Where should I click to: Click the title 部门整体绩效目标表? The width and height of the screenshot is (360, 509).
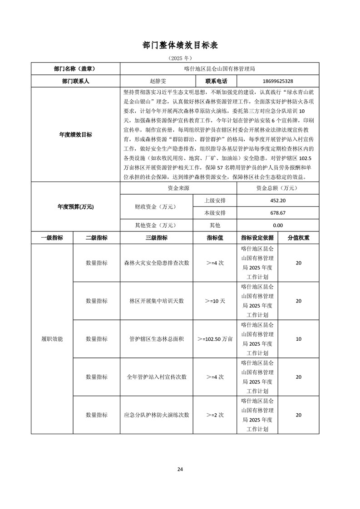(180, 45)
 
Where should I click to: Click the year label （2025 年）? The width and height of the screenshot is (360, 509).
(180, 59)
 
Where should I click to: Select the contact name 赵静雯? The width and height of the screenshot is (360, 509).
(158, 81)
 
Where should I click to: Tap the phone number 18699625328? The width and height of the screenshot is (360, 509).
(277, 81)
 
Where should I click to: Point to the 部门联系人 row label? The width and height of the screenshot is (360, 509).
(75, 81)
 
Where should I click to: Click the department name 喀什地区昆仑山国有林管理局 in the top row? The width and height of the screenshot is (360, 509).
(220, 69)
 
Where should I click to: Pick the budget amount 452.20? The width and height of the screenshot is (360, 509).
(277, 201)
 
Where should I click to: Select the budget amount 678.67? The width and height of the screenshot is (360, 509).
(277, 213)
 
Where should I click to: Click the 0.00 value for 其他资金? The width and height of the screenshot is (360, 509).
(277, 225)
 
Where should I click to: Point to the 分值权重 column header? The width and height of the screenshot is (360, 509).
(298, 238)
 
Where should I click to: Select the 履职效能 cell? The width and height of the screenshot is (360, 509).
(52, 339)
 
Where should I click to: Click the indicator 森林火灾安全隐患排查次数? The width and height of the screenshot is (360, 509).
(156, 263)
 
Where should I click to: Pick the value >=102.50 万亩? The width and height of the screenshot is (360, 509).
(215, 339)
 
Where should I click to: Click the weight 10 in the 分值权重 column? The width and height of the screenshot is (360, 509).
(298, 339)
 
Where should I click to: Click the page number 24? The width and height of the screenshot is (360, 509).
(180, 469)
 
